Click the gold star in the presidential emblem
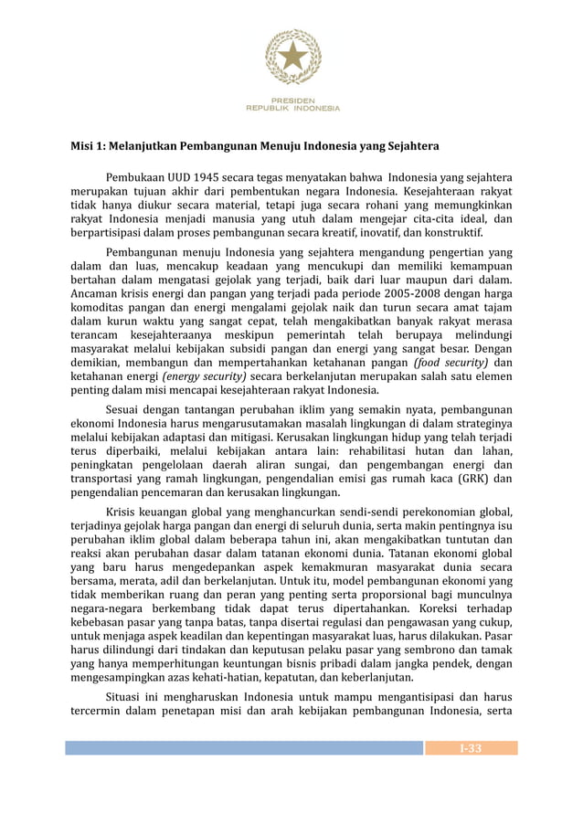[x=292, y=57]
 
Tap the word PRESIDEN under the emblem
[x=292, y=100]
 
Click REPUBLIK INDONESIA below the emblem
[x=292, y=108]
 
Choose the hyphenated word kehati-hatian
[x=207, y=678]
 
